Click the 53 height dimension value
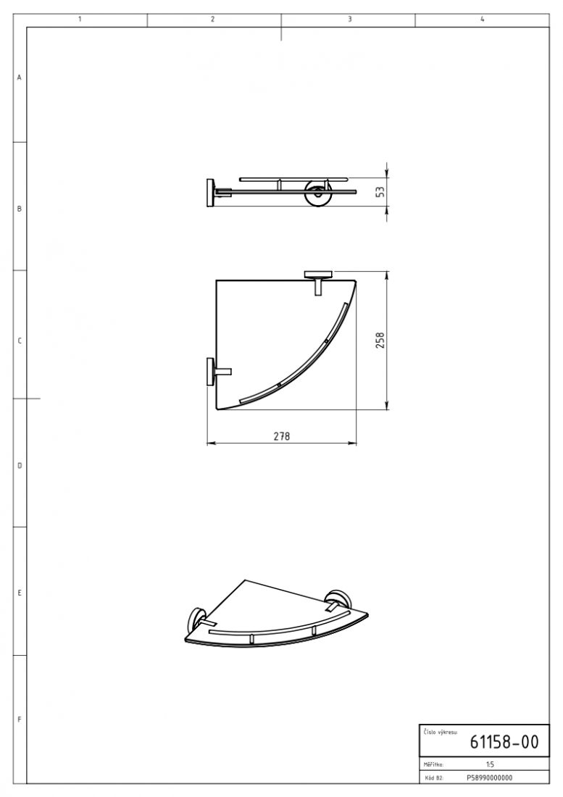(380, 192)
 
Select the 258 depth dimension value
(380, 340)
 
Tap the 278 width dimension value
(281, 436)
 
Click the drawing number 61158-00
(504, 742)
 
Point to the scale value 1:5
(490, 764)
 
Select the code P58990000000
(489, 777)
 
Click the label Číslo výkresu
(440, 732)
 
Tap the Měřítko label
(433, 764)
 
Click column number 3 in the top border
(349, 20)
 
